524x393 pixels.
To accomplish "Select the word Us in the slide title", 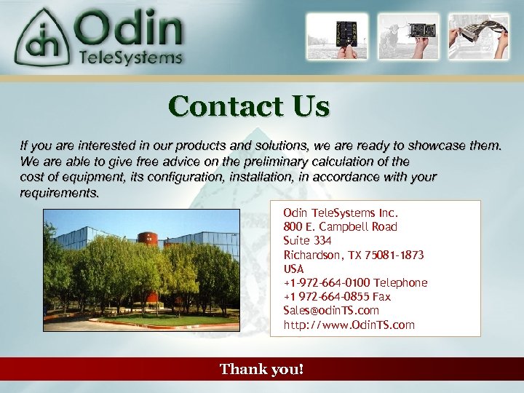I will click(311, 106).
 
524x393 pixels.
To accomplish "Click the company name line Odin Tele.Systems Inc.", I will click(341, 213).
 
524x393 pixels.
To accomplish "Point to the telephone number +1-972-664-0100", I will click(326, 282).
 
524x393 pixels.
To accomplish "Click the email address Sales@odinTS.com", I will click(331, 310).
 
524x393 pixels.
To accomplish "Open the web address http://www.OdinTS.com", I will click(349, 325).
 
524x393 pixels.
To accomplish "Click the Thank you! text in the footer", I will click(262, 370).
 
